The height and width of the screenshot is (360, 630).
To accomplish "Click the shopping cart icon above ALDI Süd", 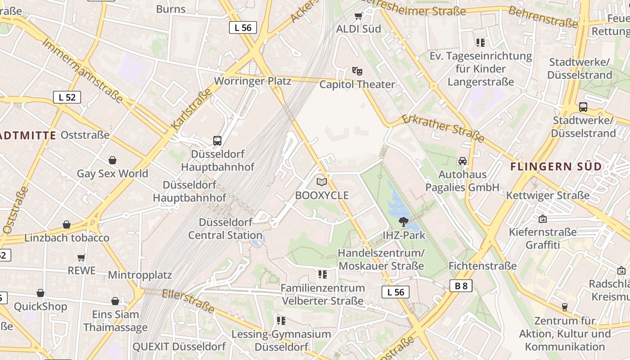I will (358, 16).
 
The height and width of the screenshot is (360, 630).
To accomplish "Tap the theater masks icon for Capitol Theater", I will (357, 71).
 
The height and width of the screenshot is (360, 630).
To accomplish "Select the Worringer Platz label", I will (252, 81).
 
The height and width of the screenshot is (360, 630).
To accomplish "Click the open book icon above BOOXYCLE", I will (321, 182).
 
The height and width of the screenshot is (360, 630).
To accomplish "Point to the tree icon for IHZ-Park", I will (403, 221).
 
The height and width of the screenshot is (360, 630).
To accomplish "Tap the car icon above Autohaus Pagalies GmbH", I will (462, 161).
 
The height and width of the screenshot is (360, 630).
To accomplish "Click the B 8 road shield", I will (461, 285).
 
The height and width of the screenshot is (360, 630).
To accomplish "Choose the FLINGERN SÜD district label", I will (556, 166).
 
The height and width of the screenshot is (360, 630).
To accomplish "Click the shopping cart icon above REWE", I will (81, 257).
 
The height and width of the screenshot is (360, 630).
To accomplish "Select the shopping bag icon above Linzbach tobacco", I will (67, 225).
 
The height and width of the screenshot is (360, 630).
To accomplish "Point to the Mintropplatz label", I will (140, 275).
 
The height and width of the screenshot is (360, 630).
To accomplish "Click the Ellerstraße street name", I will (188, 301).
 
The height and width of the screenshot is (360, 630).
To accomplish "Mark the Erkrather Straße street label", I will (442, 128).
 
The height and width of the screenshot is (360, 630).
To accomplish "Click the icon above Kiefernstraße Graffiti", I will (543, 219).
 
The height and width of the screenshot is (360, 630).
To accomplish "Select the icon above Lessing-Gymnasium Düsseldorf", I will (281, 321).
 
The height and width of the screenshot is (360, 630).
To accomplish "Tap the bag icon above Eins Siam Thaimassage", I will (115, 301).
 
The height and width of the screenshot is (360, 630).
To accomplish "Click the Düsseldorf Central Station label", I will (225, 229).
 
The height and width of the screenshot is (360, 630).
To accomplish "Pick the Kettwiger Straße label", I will (548, 195).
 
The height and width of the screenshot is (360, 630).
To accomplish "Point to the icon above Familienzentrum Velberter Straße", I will (322, 274).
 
